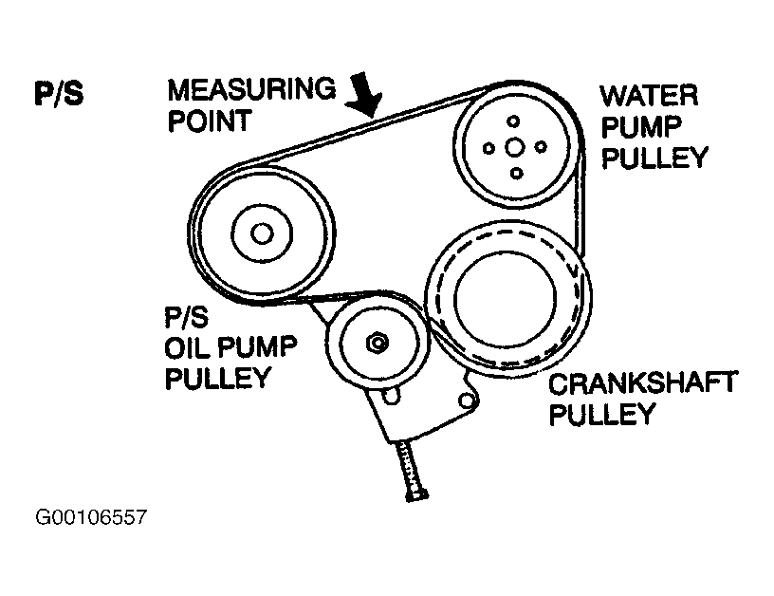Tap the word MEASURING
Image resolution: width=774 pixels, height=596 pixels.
[x=252, y=90]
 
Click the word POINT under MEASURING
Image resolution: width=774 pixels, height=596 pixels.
[x=210, y=121]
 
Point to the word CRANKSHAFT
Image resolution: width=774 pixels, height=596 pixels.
[x=643, y=383]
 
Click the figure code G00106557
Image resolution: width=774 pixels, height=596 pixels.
[x=91, y=519]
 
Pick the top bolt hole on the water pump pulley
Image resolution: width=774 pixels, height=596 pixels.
[x=514, y=121]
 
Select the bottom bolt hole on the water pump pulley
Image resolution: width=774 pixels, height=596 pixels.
[x=516, y=173]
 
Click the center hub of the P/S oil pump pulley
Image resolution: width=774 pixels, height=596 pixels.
[x=263, y=233]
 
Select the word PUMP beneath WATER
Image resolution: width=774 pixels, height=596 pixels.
[x=641, y=125]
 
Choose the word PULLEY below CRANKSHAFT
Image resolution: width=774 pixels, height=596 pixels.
[x=602, y=415]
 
